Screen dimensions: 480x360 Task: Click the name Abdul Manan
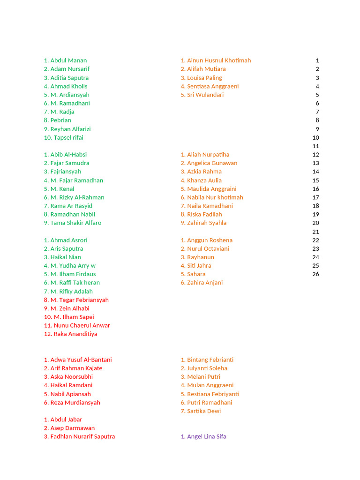click(x=68, y=60)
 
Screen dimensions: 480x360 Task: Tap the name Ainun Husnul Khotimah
click(x=219, y=60)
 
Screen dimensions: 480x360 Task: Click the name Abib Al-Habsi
click(x=68, y=155)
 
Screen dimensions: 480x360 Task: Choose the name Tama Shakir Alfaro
click(x=76, y=223)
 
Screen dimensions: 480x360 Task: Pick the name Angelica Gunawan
click(x=212, y=163)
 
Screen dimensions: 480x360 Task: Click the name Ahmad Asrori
click(x=69, y=240)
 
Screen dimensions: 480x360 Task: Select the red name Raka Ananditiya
click(x=75, y=334)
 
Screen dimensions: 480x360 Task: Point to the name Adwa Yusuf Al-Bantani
click(x=81, y=360)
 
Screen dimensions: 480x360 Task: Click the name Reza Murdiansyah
click(x=75, y=403)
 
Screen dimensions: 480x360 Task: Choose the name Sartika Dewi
click(x=204, y=411)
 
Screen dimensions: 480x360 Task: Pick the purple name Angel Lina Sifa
click(x=207, y=436)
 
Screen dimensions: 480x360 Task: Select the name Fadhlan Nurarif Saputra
click(x=82, y=436)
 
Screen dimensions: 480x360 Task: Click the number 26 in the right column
click(x=315, y=274)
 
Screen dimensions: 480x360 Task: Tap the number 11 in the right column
click(x=315, y=146)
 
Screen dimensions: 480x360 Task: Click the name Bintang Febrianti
click(x=210, y=360)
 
